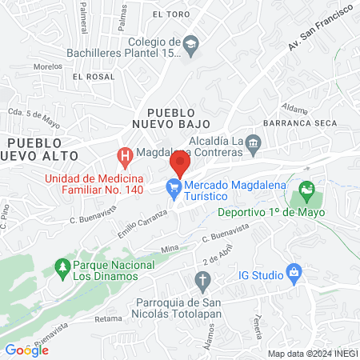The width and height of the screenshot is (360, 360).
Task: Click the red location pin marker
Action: coord(180,166)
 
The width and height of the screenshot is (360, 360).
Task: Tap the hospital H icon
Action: coord(124,154)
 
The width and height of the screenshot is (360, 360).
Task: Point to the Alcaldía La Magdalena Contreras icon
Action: coord(254,143)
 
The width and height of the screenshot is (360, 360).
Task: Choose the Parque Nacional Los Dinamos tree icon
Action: coord(62,266)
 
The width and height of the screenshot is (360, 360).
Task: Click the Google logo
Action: coord(26,350)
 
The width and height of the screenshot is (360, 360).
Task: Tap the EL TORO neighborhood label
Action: coord(170,14)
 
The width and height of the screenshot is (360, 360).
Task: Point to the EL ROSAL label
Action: coord(88,77)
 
